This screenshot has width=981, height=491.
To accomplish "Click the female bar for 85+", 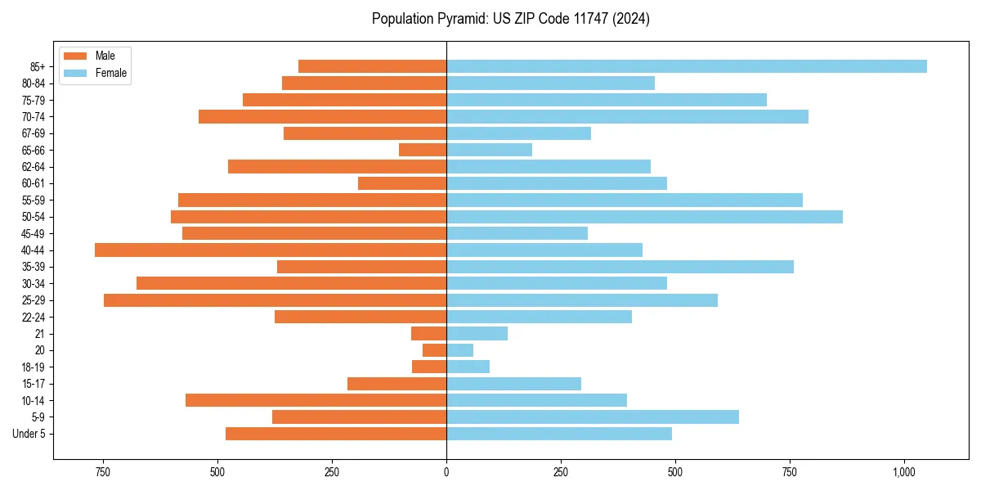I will point(687,66).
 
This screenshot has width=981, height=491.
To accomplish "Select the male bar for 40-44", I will point(271,250).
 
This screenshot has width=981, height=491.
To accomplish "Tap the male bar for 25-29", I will point(275,300).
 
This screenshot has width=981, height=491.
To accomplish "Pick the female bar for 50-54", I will point(644,217).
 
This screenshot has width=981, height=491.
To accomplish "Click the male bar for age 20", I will point(434,350).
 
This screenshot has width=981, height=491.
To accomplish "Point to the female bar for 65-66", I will point(489,150).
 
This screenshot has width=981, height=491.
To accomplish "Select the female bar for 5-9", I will point(593,417).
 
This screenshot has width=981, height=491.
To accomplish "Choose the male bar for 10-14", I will point(316,400).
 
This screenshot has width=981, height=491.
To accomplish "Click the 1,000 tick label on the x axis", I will point(903,472).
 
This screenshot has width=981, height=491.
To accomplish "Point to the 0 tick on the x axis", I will point(446,472).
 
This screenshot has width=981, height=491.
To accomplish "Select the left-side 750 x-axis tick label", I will point(103,472).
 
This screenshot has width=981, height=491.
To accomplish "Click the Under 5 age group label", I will point(29,434).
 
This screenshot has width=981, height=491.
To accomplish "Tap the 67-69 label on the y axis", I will point(33,133).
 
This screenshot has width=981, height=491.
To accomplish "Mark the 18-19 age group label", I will point(33,367).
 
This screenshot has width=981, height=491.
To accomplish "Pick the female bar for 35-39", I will point(620,267).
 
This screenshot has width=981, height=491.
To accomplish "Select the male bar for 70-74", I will point(322,116).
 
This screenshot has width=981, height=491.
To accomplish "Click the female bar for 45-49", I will point(517,233).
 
